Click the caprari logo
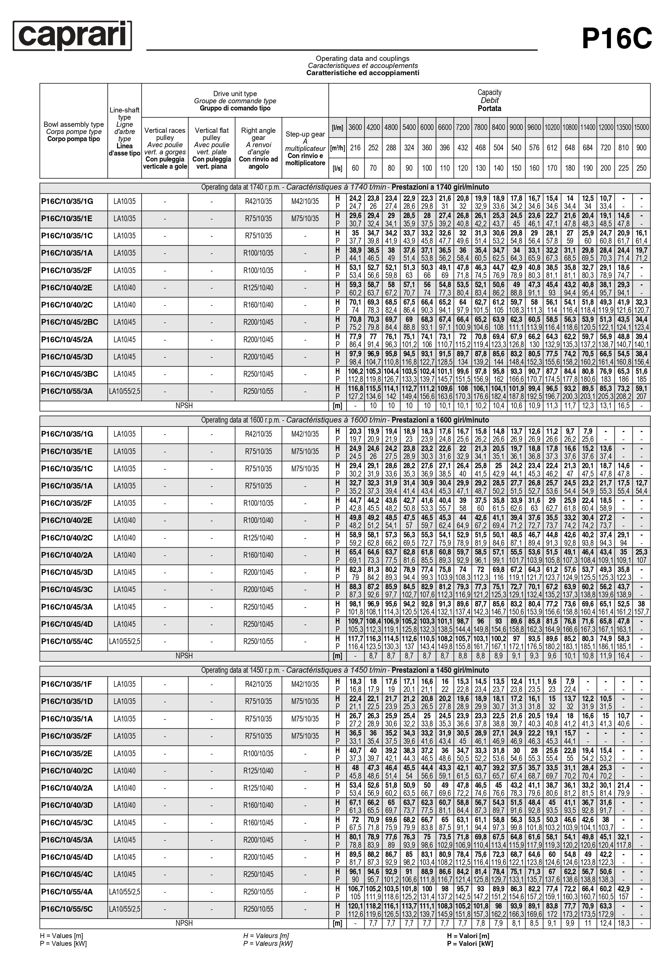click(x=72, y=36)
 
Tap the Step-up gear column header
click(x=305, y=148)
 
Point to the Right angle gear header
click(x=258, y=148)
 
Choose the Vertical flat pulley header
click(x=211, y=148)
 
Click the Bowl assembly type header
click(x=74, y=131)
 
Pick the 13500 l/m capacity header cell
click(x=623, y=127)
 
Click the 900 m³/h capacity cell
click(x=641, y=148)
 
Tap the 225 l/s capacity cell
click(x=623, y=168)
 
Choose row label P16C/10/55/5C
click(x=67, y=909)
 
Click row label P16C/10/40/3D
click(x=67, y=805)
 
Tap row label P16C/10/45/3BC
click(x=69, y=374)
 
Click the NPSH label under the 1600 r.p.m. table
click(x=184, y=656)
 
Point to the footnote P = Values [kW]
click(x=63, y=943)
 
